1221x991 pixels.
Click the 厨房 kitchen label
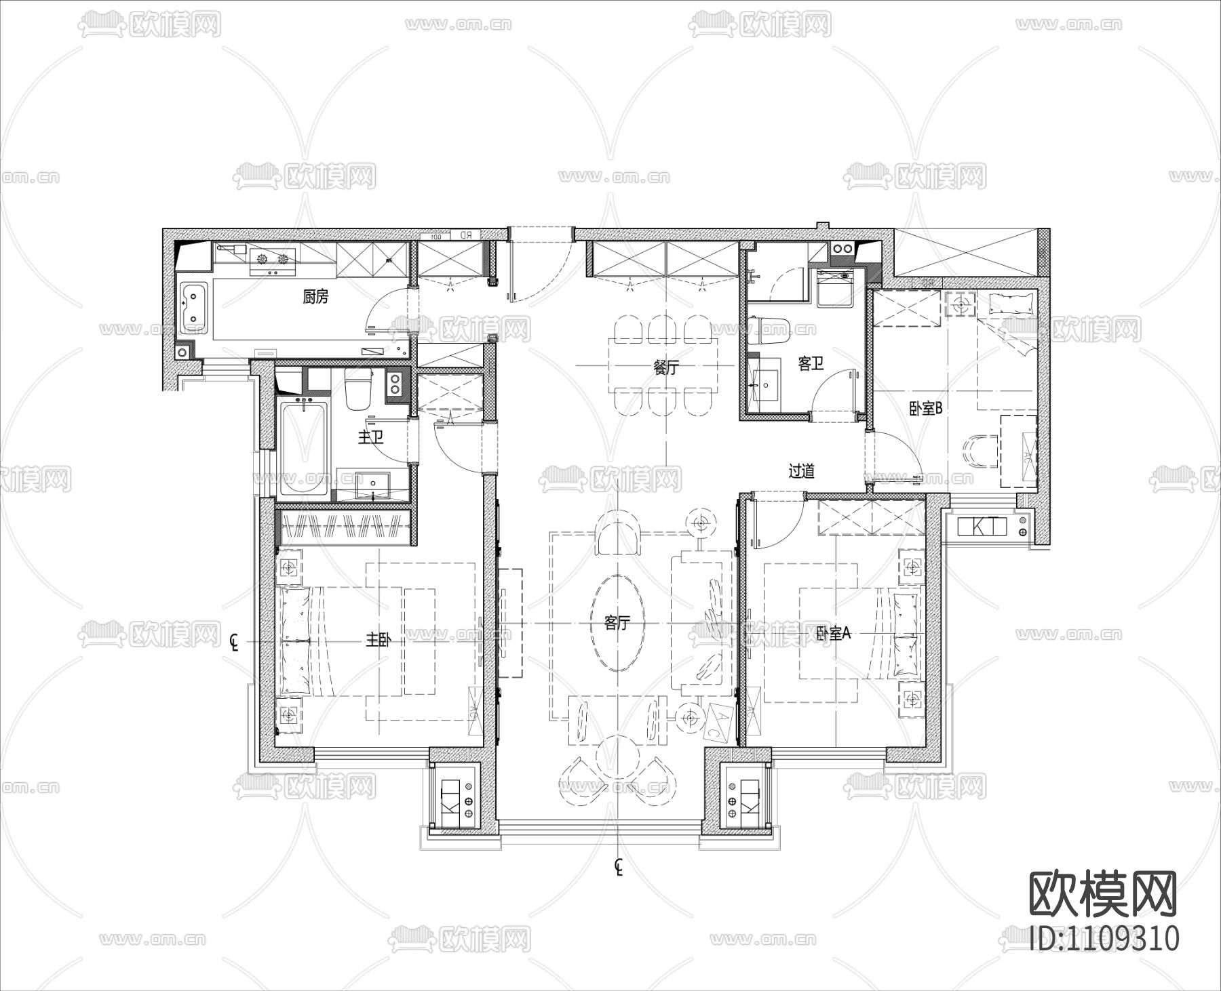click(x=315, y=296)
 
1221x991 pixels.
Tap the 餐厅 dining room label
click(x=665, y=367)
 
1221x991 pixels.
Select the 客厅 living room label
click(x=617, y=622)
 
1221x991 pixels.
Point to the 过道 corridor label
click(x=801, y=470)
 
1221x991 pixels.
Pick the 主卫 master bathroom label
click(x=370, y=437)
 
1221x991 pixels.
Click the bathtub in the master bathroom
click(x=303, y=449)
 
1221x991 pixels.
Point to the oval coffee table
click(x=617, y=622)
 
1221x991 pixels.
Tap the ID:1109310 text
click(x=1104, y=939)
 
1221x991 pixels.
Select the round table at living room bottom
click(x=617, y=758)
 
